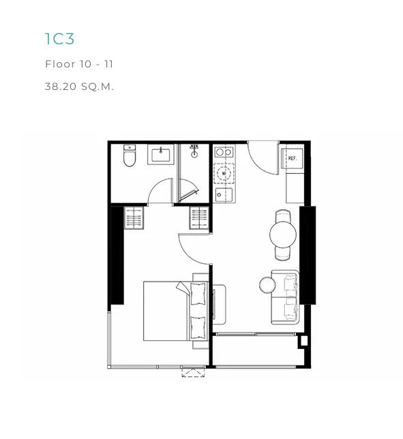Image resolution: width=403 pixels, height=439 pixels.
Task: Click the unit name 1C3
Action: coord(59,39)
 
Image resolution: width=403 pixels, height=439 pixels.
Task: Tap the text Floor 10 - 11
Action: coord(79,64)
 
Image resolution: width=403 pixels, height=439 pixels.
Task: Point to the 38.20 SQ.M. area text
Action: coord(79,87)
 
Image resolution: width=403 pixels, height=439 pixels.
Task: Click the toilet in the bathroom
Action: coord(130,155)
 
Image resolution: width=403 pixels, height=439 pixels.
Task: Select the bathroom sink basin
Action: coord(161,155)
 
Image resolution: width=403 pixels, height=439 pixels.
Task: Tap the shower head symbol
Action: coord(194,151)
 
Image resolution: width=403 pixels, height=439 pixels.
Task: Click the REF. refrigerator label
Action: coord(292,158)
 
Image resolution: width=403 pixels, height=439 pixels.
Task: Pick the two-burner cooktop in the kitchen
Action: coord(224,152)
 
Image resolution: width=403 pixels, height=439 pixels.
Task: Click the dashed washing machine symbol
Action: coord(224,173)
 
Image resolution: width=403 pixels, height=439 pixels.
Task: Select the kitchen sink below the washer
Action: coord(224,195)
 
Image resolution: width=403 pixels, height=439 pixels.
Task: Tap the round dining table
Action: coord(283,234)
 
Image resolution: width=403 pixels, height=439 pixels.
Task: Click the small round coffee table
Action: coord(267,285)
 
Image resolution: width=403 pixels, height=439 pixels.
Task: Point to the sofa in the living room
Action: coord(285,297)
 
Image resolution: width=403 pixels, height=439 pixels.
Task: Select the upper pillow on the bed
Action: coord(198,294)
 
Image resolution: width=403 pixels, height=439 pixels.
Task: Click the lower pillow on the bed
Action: coord(198,328)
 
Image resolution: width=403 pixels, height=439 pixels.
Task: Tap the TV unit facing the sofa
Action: coord(219,305)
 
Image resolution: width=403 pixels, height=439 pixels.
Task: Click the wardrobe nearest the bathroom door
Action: coord(134,218)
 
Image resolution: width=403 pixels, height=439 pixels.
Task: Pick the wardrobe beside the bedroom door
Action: coord(199,218)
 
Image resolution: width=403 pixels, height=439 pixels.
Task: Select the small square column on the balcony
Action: coord(304,341)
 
